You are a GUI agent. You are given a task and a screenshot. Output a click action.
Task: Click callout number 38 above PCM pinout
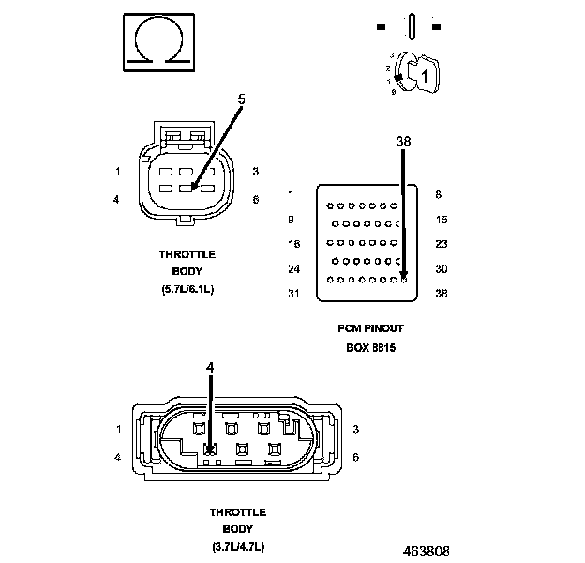[403, 142]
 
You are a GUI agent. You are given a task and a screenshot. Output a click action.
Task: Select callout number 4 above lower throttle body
[210, 367]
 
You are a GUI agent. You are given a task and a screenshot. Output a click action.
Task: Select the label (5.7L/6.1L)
[187, 289]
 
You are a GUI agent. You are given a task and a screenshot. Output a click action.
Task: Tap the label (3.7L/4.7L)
[238, 547]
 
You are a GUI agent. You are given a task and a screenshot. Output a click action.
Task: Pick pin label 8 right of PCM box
[439, 194]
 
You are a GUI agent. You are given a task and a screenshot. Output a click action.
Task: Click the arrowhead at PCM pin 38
[403, 275]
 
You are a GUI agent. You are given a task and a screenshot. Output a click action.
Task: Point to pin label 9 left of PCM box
[292, 219]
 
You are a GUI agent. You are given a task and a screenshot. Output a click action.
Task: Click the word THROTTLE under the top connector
[187, 254]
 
